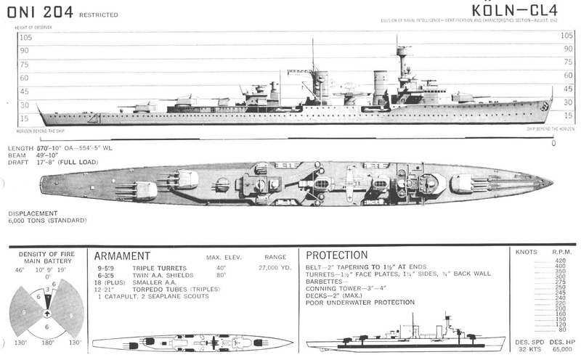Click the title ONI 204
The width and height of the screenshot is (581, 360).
coord(35,12)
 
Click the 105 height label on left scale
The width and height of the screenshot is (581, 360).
coord(26,37)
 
